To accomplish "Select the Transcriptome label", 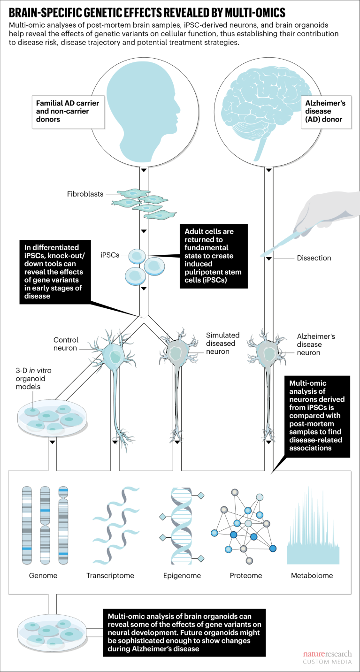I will [x=110, y=575].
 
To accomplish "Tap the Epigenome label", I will [x=182, y=575].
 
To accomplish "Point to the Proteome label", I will [x=246, y=575].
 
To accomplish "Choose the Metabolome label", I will [x=312, y=575].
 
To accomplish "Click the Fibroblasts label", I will [x=85, y=194].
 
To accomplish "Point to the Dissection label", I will [x=314, y=258].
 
